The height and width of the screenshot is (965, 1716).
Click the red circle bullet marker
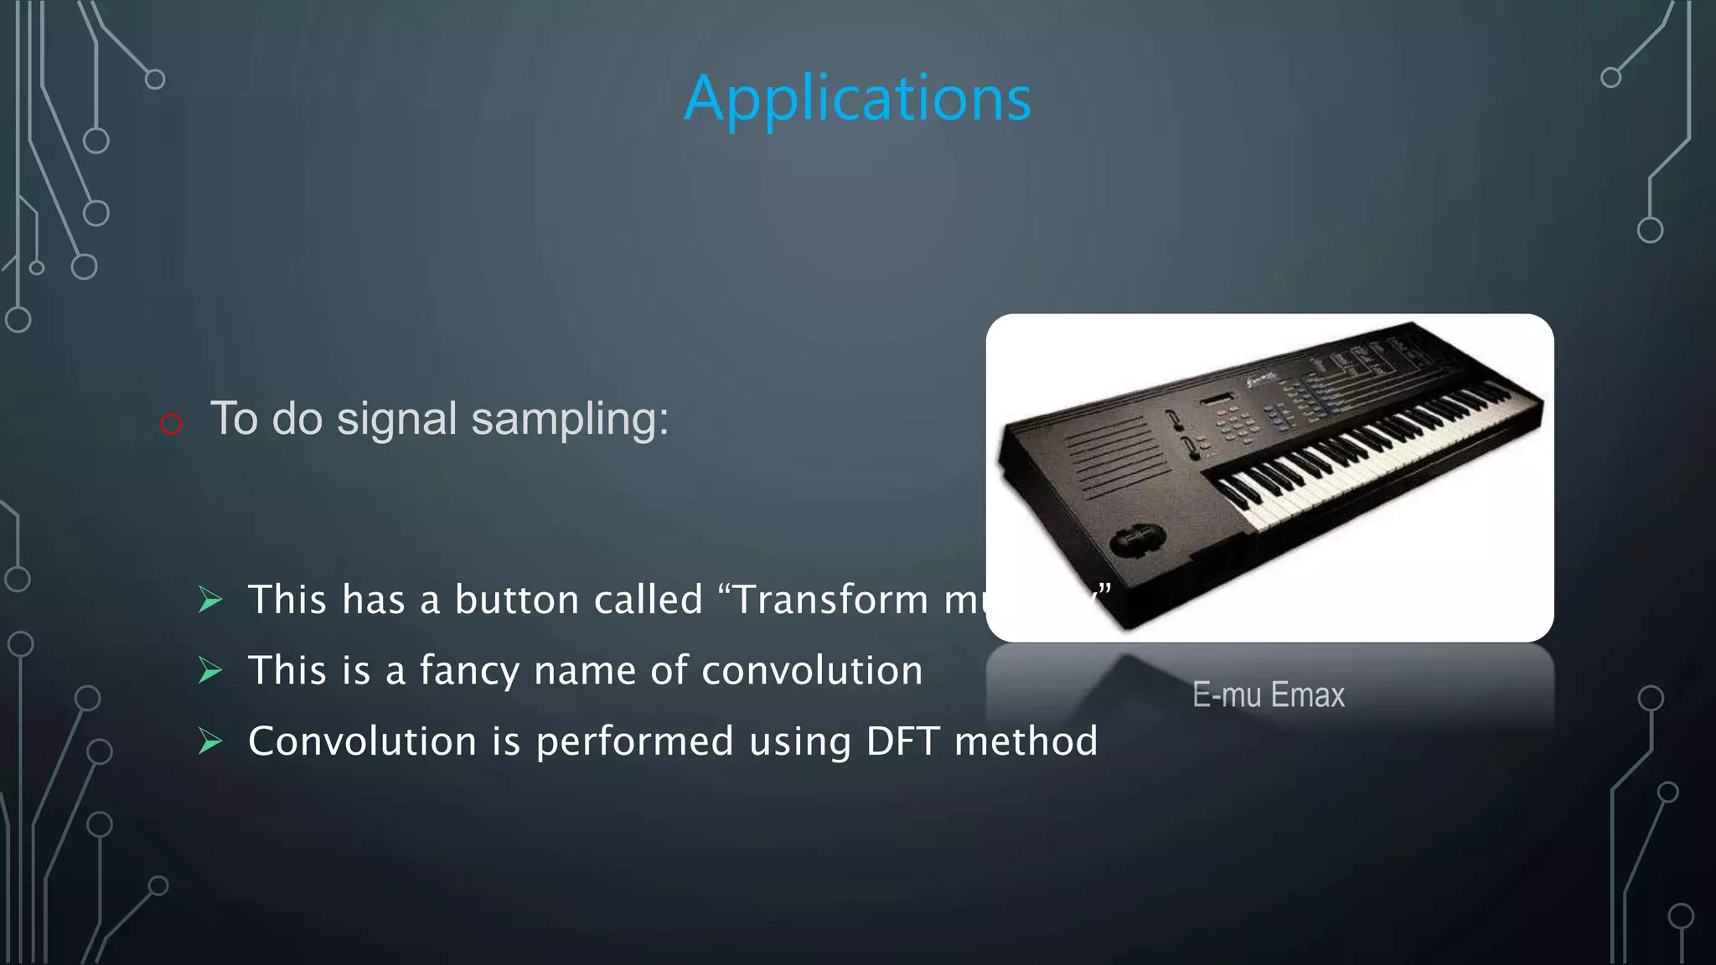[171, 424]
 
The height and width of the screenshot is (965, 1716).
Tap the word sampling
[570, 419]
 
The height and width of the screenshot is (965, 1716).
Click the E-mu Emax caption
[1268, 695]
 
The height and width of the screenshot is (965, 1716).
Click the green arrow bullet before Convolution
[210, 741]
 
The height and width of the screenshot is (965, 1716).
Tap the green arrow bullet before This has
[210, 600]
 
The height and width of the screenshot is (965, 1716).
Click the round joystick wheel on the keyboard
[1137, 539]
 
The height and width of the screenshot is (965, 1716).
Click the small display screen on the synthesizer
[1217, 400]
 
